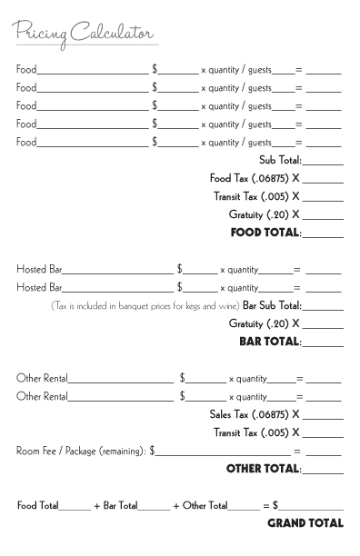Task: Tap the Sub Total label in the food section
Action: point(280,160)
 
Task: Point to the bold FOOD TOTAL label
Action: point(265,233)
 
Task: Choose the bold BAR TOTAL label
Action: point(269,342)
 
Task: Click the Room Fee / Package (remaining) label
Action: point(82,451)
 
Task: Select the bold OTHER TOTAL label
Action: point(263,469)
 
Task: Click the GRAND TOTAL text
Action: point(305,523)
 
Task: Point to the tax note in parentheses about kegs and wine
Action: point(145,306)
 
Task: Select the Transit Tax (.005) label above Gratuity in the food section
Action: point(256,196)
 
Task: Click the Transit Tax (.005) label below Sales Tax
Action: point(256,432)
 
